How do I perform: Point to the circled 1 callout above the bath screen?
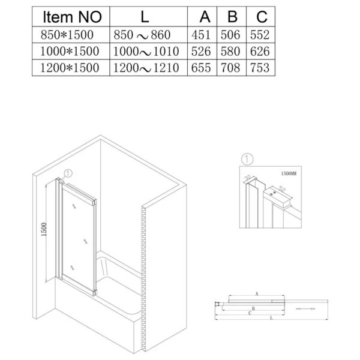[x=68, y=173]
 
